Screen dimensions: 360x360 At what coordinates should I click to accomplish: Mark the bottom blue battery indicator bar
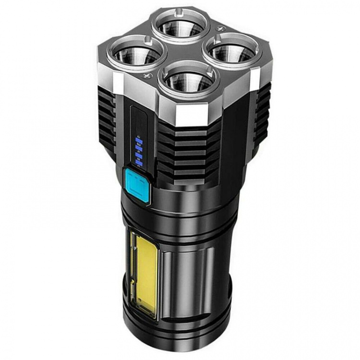coord(139,163)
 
